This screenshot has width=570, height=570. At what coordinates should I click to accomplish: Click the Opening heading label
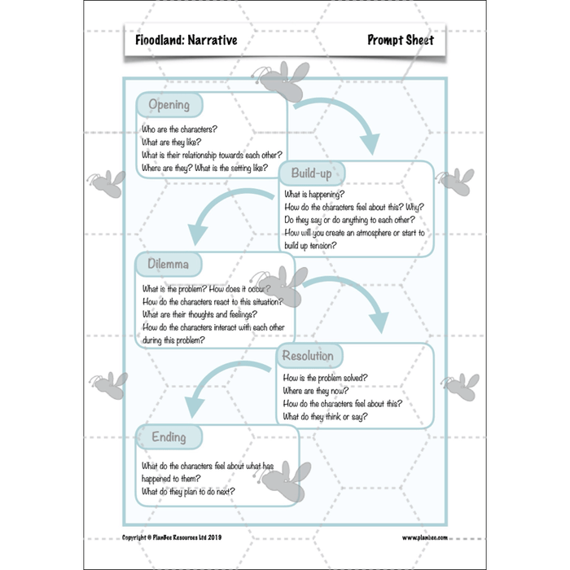[169, 105]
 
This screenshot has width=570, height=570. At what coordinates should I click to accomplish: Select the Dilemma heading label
[169, 264]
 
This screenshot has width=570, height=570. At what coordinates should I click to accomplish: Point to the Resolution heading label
[308, 356]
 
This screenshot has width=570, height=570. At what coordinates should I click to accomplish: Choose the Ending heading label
[169, 437]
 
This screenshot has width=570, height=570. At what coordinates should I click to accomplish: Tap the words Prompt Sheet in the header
[400, 40]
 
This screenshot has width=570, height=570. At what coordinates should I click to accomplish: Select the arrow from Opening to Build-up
[342, 122]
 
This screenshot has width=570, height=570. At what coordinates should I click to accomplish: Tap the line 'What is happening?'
[313, 195]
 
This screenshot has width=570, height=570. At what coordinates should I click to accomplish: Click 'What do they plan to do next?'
[188, 492]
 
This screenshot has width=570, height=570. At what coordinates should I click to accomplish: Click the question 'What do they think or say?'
[325, 417]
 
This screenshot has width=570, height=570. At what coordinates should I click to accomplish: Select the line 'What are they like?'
[169, 142]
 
